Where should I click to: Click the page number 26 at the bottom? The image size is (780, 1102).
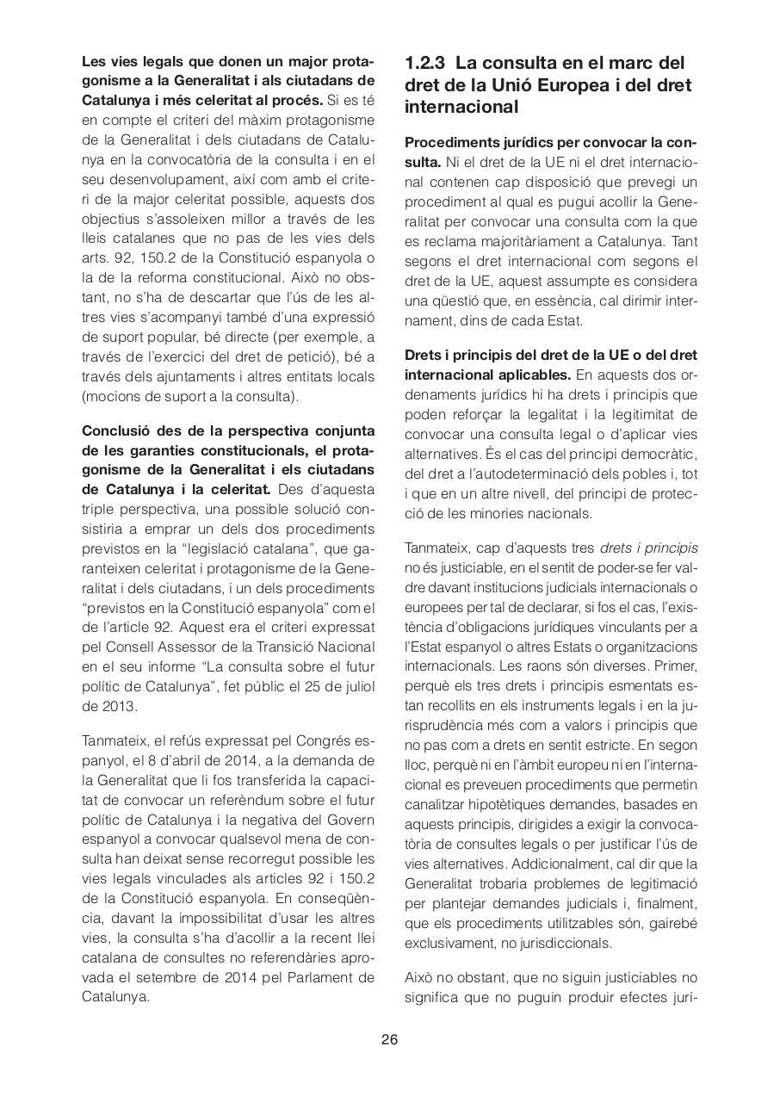389,1039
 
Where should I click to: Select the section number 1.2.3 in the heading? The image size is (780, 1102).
426,63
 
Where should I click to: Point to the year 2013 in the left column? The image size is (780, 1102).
120,706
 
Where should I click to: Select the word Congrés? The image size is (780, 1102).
323,740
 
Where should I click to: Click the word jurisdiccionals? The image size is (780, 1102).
565,943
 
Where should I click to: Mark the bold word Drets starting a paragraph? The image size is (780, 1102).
424,356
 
